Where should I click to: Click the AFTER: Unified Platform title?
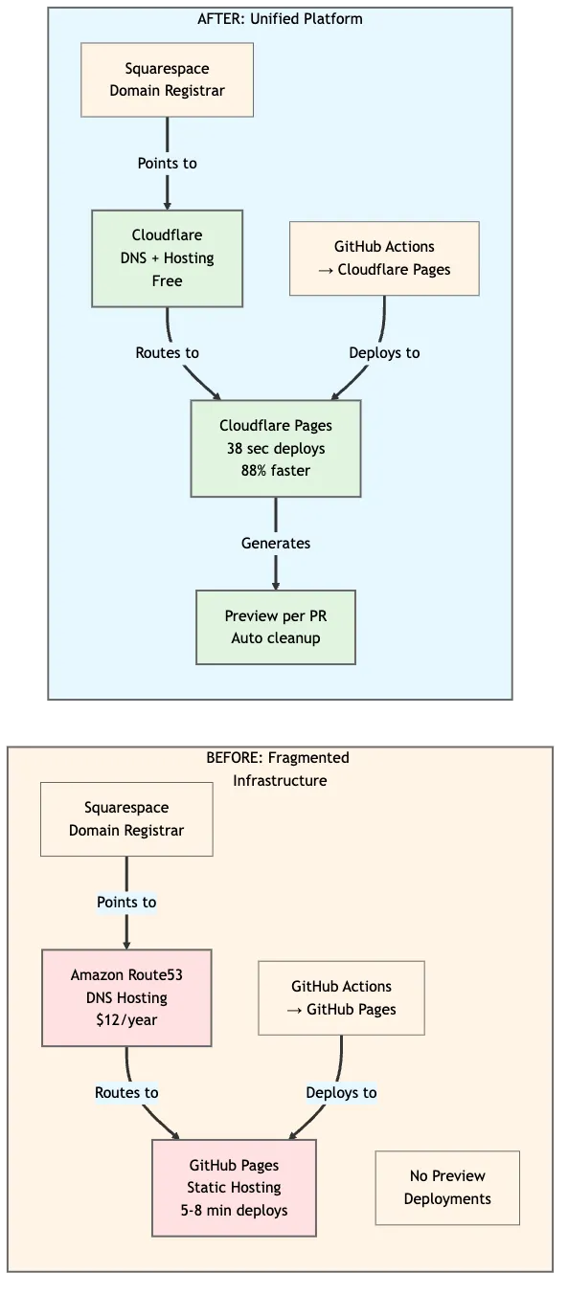coord(280,18)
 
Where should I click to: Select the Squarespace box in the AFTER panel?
coord(167,80)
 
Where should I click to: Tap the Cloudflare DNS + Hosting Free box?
coord(167,258)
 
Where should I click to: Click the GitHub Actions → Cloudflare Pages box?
coord(384,258)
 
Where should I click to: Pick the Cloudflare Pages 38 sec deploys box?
coord(276,448)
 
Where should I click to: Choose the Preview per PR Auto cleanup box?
coord(276,627)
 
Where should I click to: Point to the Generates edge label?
coord(276,543)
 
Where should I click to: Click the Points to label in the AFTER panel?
coord(167,164)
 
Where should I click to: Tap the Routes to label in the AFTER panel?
coord(167,353)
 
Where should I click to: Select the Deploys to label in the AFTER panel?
coord(384,353)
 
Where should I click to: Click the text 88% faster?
coord(276,471)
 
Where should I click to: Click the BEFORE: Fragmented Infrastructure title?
coord(279,770)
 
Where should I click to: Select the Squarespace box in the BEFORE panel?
coord(126,819)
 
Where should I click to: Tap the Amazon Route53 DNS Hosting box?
coord(126,997)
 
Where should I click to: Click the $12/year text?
coord(126,1020)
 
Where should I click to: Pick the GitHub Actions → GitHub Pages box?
coord(341,997)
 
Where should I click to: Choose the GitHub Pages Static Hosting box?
coord(234,1188)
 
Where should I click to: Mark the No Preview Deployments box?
coord(447,1188)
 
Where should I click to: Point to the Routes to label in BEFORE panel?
coord(126,1092)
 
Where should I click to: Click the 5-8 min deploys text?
coord(234,1211)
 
